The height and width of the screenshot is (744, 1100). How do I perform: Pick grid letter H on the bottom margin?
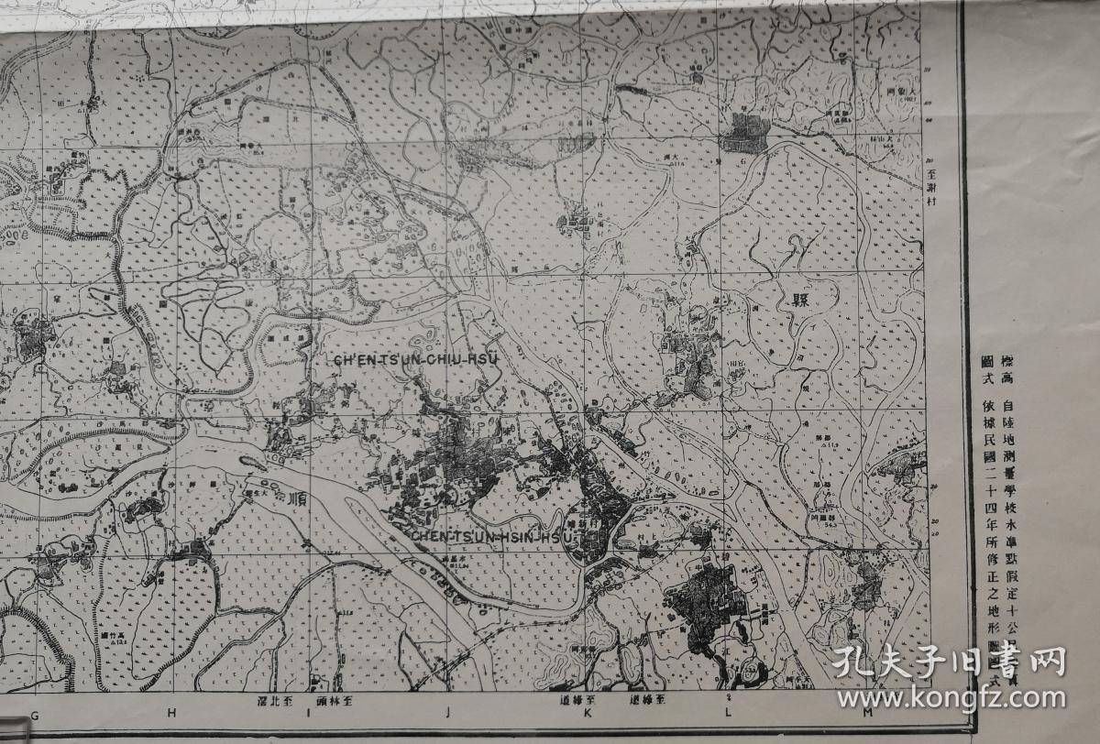(x=171, y=712)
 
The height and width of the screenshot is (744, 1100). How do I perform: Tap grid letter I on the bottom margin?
(x=308, y=712)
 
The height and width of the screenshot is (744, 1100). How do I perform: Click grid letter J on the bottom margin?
(x=448, y=712)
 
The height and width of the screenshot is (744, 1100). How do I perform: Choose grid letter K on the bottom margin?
(x=588, y=712)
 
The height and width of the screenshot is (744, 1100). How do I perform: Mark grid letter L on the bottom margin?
(x=728, y=712)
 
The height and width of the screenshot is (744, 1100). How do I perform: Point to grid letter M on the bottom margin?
(x=866, y=712)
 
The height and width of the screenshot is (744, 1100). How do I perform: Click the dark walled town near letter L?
(x=706, y=603)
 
